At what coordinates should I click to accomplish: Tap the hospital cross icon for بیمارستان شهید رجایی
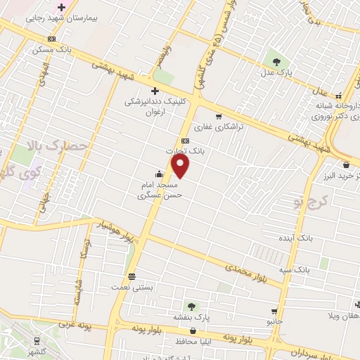coord(62,6)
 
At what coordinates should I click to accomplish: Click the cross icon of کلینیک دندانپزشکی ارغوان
coord(155,91)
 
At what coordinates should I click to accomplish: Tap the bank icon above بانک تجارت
coord(185,140)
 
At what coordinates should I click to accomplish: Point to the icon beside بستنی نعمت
coord(131,276)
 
